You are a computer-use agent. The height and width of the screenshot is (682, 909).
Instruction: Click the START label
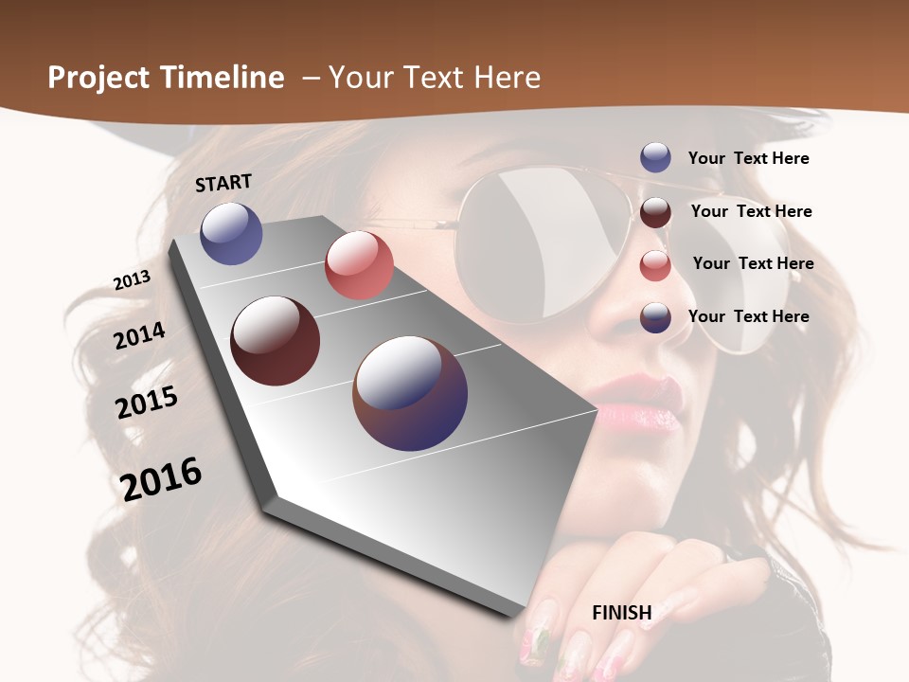(223, 183)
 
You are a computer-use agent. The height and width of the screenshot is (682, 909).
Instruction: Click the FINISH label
(622, 613)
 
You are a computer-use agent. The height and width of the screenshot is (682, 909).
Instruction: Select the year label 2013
(132, 279)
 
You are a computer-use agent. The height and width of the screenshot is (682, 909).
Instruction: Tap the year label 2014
(139, 335)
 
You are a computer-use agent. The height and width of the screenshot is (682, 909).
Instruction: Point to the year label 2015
(147, 402)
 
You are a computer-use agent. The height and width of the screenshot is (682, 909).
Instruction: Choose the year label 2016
(161, 478)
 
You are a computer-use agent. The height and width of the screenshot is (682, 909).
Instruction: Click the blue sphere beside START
(231, 233)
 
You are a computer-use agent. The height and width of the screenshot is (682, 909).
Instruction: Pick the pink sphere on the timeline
(359, 265)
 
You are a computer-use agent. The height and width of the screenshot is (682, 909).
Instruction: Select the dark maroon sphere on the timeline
(276, 341)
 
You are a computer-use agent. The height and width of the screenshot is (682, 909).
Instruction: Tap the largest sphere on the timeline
(410, 393)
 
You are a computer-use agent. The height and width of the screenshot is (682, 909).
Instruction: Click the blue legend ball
(655, 157)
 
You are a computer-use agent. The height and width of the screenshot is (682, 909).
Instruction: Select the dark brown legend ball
(655, 212)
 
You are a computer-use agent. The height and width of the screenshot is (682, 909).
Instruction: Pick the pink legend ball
(655, 265)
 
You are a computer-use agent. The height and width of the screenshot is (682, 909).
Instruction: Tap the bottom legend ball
(655, 317)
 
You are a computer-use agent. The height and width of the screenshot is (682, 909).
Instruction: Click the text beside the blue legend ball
(748, 158)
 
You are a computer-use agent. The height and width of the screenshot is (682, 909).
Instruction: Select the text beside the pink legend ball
(753, 263)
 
